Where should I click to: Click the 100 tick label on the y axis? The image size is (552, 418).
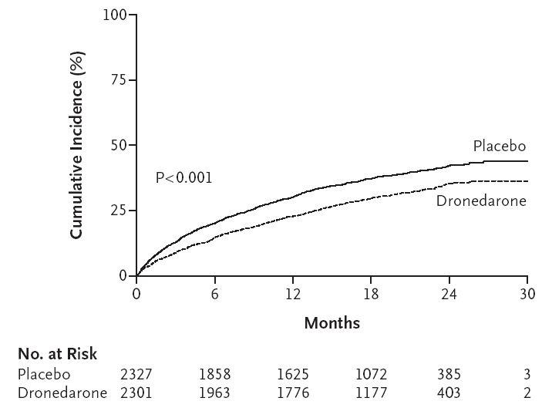[x=116, y=15]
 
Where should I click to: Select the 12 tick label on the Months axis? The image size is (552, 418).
[x=293, y=294]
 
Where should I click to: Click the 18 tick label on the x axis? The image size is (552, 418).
[x=371, y=294]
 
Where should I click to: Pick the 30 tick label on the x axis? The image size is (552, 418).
[x=527, y=294]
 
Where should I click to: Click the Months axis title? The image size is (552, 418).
[x=332, y=322]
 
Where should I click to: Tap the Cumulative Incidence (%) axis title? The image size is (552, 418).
[x=77, y=145]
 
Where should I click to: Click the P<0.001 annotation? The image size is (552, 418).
[x=183, y=178]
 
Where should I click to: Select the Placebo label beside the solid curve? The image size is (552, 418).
[x=500, y=147]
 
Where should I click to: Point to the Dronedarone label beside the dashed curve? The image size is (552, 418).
[x=481, y=201]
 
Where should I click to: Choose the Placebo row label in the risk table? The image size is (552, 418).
[x=45, y=374]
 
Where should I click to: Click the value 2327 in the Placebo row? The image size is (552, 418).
[x=136, y=374]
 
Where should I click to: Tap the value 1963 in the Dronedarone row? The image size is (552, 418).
[x=214, y=392]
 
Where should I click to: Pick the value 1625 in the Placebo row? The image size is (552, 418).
[x=293, y=374]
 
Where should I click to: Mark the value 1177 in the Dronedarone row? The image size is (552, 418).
[x=371, y=392]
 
